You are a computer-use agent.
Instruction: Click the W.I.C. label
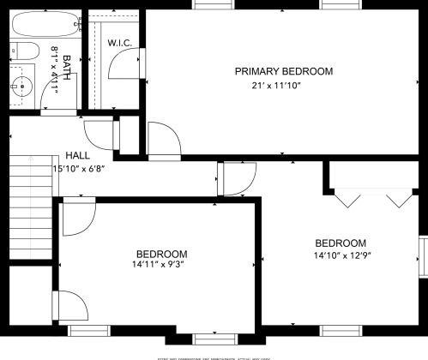pos(118,43)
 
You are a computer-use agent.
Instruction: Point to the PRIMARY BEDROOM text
pos(284,72)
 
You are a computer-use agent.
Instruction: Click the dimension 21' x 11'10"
pos(284,85)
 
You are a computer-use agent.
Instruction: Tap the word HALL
pos(78,155)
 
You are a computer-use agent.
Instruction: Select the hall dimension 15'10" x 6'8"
pos(79,169)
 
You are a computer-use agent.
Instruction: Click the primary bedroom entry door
pos(162,139)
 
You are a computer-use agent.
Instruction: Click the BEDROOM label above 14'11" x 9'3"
pos(161,254)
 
